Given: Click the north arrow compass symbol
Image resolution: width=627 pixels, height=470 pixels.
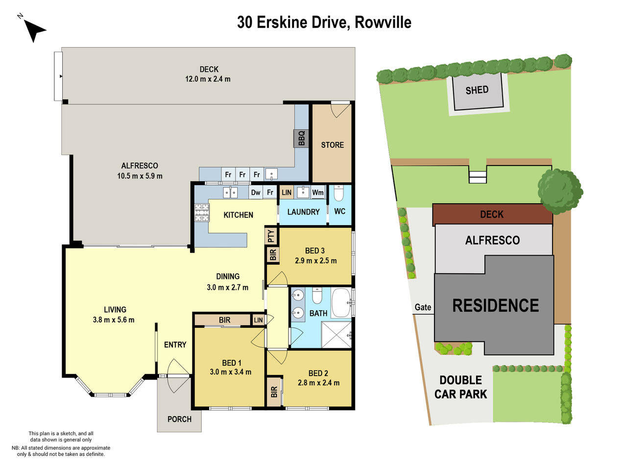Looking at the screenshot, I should (x=33, y=30).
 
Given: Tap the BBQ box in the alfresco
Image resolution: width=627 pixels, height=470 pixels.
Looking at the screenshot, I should (x=301, y=139).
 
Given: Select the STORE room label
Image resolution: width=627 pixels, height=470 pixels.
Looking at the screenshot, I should (x=332, y=145).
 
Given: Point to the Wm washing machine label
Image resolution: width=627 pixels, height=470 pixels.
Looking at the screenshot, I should (x=318, y=192).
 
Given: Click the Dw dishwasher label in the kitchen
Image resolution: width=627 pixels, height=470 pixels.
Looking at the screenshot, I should (x=256, y=192).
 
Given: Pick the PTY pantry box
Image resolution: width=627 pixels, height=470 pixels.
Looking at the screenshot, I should (x=271, y=236).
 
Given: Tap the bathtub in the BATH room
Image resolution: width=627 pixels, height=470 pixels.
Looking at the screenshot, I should (x=341, y=303).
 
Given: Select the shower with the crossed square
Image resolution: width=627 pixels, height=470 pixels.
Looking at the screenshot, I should (x=337, y=334).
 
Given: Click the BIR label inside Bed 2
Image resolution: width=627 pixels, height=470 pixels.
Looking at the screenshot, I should (x=274, y=392).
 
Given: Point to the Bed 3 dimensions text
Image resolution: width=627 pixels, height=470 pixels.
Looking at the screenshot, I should (x=315, y=261).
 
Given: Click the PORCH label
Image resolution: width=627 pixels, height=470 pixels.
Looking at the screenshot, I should (x=179, y=419).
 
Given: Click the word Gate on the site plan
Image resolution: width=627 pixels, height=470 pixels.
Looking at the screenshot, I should (x=423, y=307).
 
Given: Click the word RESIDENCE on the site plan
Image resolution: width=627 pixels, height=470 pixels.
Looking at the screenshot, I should (x=495, y=305).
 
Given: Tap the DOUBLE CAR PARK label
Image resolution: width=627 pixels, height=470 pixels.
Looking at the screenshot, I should (x=460, y=387).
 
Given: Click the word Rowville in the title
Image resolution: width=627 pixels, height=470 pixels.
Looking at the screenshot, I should (x=383, y=23).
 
